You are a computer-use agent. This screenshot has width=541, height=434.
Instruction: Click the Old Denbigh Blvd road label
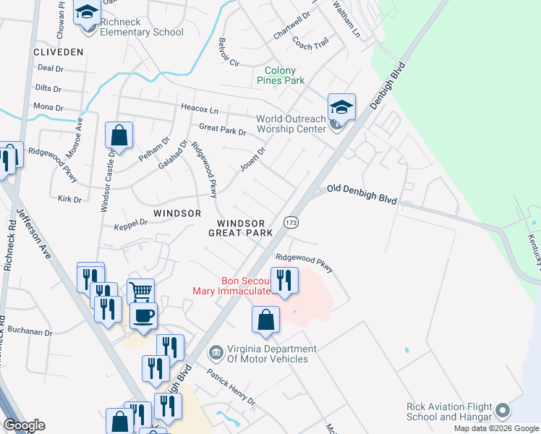click(362, 193)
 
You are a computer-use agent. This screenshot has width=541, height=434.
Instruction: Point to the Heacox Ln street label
click(199, 109)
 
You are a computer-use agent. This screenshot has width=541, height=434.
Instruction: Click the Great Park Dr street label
click(222, 132)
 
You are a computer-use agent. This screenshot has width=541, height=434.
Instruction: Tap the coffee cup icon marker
click(142, 315)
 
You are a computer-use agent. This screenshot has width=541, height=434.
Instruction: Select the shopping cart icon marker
click(141, 292)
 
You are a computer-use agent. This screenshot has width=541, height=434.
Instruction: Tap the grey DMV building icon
click(216, 354)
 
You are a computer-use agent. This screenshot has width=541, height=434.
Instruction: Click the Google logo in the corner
click(25, 425)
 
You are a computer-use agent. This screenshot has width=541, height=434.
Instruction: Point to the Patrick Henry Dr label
click(231, 387)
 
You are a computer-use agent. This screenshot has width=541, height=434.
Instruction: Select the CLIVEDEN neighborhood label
click(59, 52)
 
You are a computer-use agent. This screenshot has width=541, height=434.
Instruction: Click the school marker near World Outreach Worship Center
click(341, 108)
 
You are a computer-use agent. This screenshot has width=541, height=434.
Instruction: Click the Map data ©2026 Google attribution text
click(495, 428)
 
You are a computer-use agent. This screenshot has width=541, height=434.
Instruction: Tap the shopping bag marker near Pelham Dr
click(119, 135)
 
